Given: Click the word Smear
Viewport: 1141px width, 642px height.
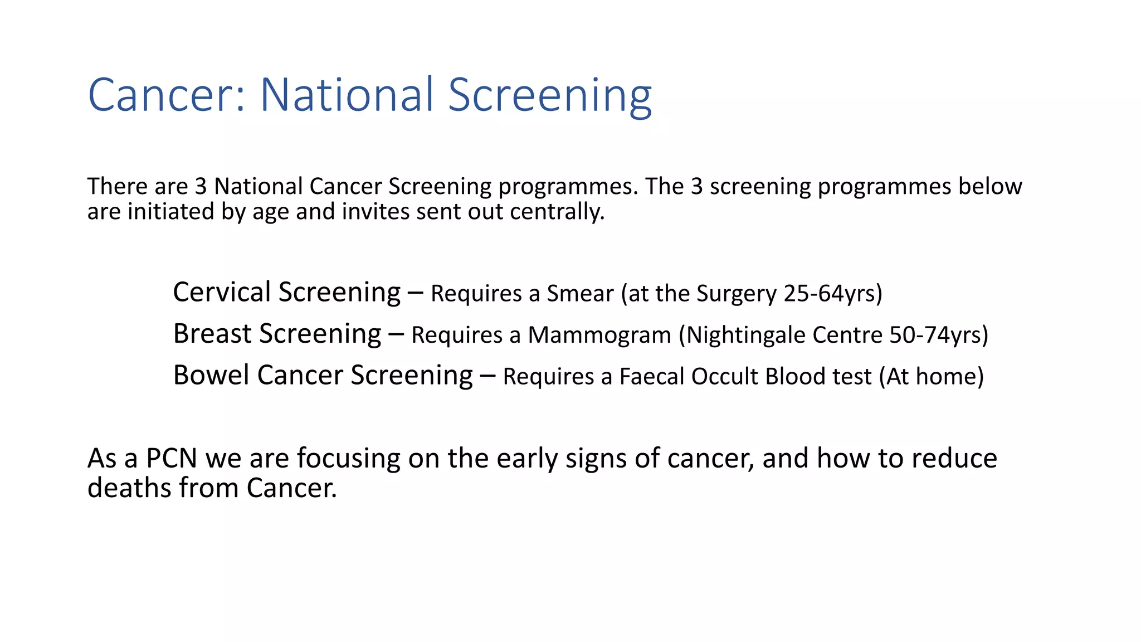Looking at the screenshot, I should coord(580,294).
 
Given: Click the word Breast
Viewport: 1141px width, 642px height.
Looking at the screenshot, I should coord(212,334).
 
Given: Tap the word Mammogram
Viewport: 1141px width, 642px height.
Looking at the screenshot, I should coord(599,335).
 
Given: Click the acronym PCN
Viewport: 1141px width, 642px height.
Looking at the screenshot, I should coord(172,459).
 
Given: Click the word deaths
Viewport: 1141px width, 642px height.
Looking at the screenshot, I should coord(129,488).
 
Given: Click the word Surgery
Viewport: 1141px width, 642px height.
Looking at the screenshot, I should coord(737,294).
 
